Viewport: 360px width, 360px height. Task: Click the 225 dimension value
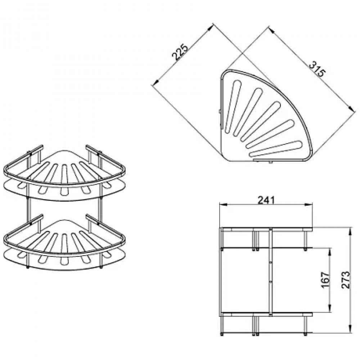pyautogui.click(x=180, y=52)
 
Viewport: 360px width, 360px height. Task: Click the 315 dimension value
pyautogui.click(x=318, y=69)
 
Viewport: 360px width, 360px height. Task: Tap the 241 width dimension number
pyautogui.click(x=266, y=200)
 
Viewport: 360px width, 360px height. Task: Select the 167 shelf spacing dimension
pyautogui.click(x=325, y=280)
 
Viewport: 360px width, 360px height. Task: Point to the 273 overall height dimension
pyautogui.click(x=346, y=280)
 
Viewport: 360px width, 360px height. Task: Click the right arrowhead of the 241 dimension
pyautogui.click(x=309, y=205)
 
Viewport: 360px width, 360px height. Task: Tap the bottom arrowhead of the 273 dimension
pyautogui.click(x=350, y=329)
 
